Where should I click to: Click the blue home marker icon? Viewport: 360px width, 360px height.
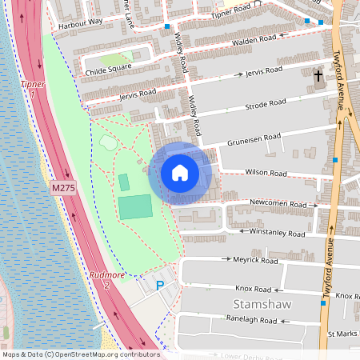pyautogui.click(x=180, y=173)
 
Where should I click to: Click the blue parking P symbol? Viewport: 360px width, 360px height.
pyautogui.click(x=159, y=285)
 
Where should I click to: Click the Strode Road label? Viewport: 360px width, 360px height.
pyautogui.click(x=266, y=103)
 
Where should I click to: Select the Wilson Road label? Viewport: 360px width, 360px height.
pyautogui.click(x=266, y=173)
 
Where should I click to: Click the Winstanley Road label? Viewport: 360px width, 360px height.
pyautogui.click(x=277, y=234)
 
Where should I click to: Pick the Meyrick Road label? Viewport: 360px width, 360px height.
pyautogui.click(x=255, y=261)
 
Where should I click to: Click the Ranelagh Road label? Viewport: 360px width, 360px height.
pyautogui.click(x=252, y=320)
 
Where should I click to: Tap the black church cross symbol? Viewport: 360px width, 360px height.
pyautogui.click(x=318, y=76)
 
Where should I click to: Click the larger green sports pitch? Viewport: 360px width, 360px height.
pyautogui.click(x=134, y=206)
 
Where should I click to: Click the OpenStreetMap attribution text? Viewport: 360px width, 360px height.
pyautogui.click(x=81, y=354)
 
